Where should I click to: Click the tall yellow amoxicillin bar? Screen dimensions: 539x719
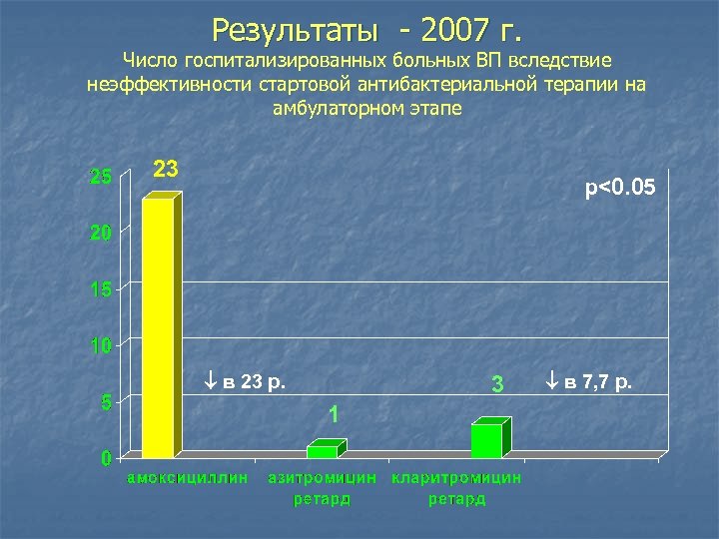tap(160, 327)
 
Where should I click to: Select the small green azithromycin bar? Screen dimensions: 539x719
tap(323, 451)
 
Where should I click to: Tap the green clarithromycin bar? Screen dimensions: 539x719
tap(487, 440)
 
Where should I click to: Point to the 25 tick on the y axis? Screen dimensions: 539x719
tap(101, 178)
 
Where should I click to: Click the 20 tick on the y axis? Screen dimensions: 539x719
tap(101, 234)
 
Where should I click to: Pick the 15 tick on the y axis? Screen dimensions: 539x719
tap(101, 290)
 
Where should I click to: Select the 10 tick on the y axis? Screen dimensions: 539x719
tap(101, 346)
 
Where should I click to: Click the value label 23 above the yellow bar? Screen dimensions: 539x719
tap(166, 169)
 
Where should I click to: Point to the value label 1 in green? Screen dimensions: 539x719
tap(334, 412)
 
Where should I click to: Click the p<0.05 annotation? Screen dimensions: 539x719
tap(620, 187)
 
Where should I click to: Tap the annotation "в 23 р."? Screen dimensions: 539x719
tap(244, 381)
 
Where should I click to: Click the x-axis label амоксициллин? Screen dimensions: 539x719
tap(186, 478)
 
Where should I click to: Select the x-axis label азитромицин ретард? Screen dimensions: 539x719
tap(322, 488)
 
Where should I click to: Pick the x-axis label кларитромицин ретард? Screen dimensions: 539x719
tap(456, 488)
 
